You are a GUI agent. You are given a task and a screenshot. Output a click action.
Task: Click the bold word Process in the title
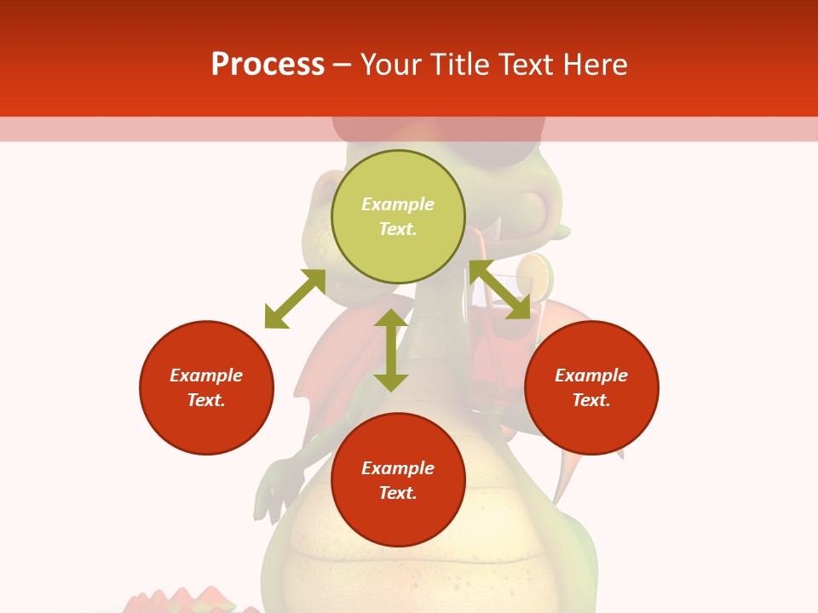[268, 65]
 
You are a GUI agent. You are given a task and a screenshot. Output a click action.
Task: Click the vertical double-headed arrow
[391, 350]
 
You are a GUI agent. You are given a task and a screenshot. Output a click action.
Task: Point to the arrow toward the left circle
[295, 299]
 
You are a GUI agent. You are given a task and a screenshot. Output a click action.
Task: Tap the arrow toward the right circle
[500, 290]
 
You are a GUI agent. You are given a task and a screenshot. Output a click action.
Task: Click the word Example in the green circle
[398, 204]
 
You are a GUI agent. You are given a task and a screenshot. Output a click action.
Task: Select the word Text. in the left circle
[206, 400]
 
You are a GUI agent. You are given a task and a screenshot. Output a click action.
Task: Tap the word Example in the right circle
[591, 375]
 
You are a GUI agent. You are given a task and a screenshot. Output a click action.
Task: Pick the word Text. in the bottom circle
[398, 493]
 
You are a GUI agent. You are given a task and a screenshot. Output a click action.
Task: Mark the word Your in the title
[389, 65]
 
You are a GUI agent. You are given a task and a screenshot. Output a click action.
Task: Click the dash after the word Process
[343, 66]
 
